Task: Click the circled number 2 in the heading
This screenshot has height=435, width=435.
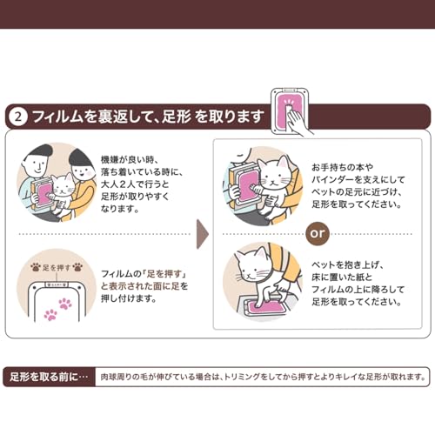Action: coord(18,117)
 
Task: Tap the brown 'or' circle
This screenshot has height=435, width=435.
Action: coord(318,233)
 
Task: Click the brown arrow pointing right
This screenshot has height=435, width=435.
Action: coord(203,234)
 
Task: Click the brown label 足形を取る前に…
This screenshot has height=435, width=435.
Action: coord(49,377)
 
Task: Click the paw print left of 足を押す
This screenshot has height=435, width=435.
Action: coord(36,267)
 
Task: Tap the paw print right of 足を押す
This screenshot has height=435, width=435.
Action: coord(77,267)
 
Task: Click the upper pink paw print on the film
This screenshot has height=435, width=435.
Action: coord(65,304)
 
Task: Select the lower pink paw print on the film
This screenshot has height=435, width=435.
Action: coord(50,315)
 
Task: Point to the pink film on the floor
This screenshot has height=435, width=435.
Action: coord(267,307)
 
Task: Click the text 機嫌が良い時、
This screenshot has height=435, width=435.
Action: coord(130,159)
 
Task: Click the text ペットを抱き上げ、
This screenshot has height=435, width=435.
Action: coord(348,264)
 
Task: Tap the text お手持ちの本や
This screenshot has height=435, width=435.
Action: coord(343,167)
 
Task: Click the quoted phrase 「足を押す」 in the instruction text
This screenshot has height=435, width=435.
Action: coord(164,274)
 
